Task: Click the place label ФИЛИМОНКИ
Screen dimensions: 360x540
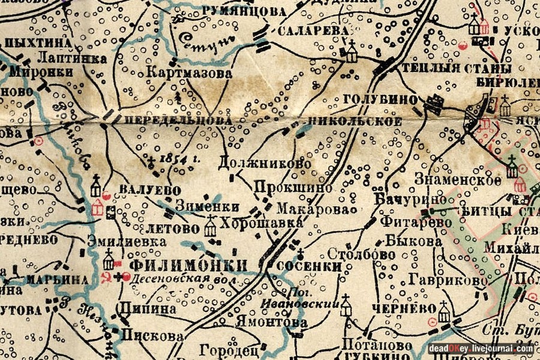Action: pos(188,265)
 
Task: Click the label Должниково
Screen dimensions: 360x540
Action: pos(265,163)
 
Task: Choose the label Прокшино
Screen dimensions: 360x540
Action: pos(293,187)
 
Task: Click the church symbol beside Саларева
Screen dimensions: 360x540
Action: pos(351,52)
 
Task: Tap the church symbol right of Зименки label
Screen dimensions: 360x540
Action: pos(210,226)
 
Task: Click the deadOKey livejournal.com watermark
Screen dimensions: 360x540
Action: pos(481,348)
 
